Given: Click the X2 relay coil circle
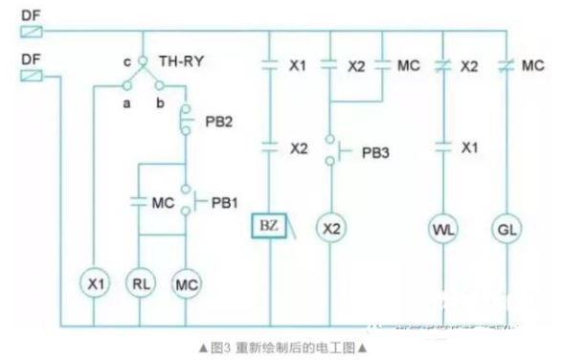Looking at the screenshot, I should click(329, 230).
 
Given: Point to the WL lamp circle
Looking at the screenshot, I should click(441, 230).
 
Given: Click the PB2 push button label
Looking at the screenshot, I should click(219, 123).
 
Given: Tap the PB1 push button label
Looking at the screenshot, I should click(224, 202).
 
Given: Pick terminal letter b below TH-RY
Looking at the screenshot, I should click(158, 99).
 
